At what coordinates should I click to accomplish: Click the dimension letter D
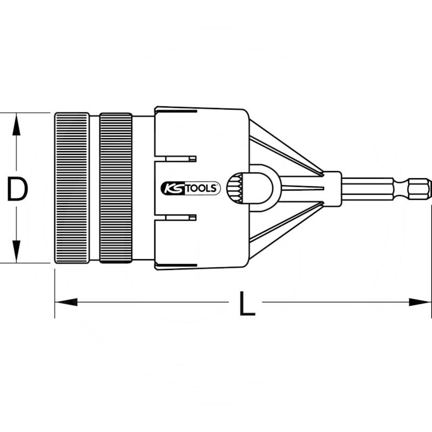point(17,188)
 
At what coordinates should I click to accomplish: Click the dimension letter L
point(247,303)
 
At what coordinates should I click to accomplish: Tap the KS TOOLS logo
point(191,188)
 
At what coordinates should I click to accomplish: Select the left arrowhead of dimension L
point(66,302)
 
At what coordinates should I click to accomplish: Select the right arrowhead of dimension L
point(420,302)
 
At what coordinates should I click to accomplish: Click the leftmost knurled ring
point(72,188)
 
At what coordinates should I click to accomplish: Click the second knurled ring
point(116,188)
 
